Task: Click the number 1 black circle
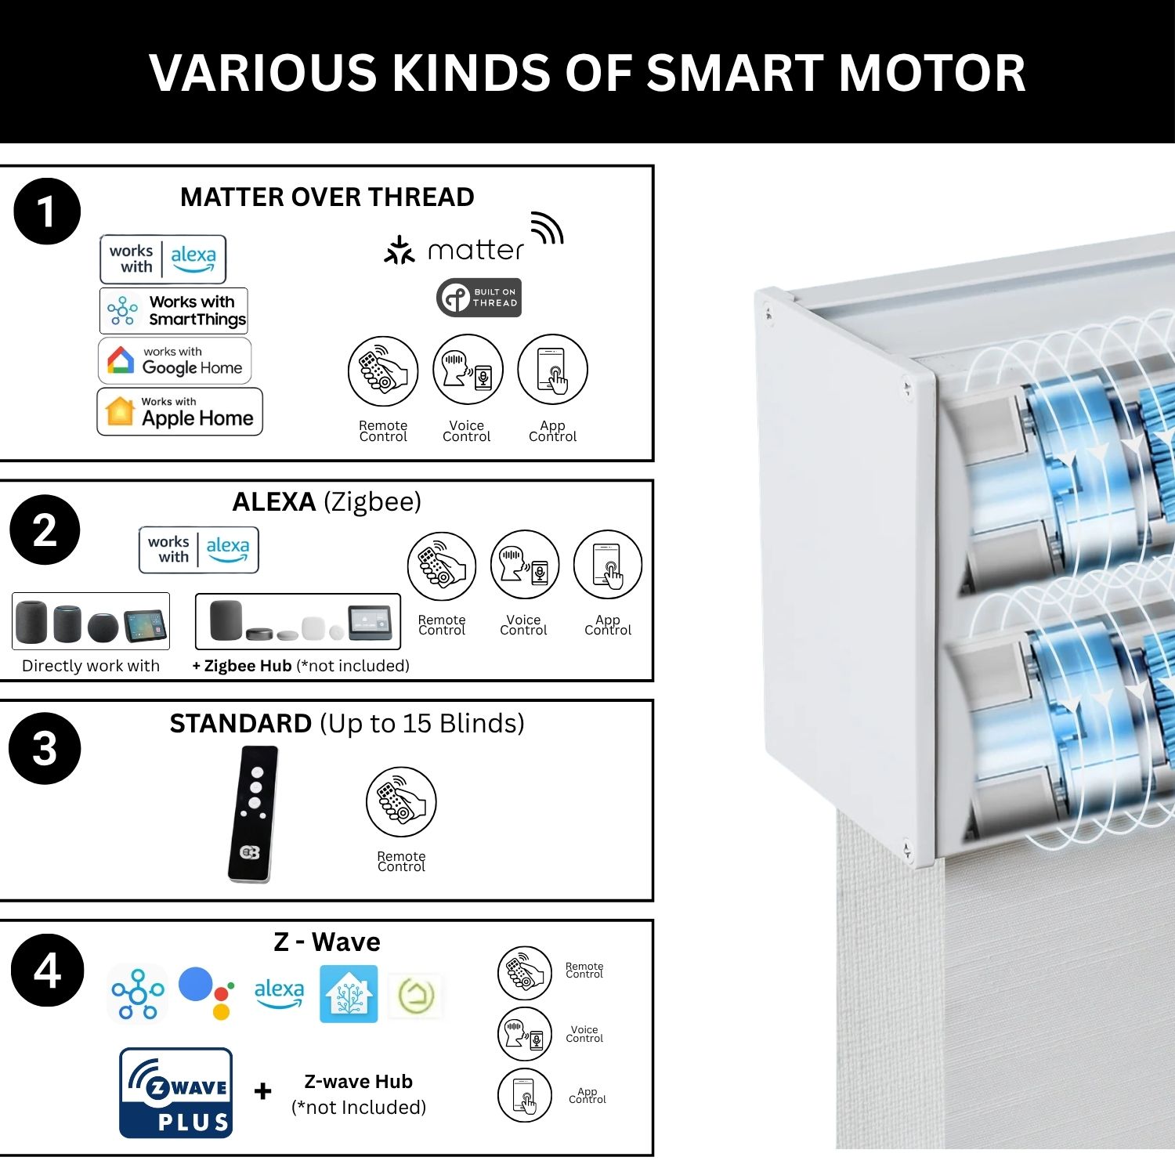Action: click(47, 211)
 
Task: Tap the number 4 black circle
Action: click(47, 970)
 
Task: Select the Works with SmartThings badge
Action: click(174, 310)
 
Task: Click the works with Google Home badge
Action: click(175, 360)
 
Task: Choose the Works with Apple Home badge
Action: click(179, 411)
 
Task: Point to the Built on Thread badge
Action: click(479, 298)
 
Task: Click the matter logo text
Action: click(475, 250)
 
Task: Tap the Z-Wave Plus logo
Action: click(176, 1093)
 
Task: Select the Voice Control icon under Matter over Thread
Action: click(468, 369)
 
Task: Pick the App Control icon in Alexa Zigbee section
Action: click(608, 566)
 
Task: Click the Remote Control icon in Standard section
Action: click(401, 802)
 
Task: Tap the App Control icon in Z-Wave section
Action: click(525, 1095)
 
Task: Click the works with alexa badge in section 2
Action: click(199, 550)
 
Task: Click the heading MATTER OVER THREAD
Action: click(327, 197)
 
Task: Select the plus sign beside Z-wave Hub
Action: click(263, 1091)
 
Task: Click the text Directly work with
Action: click(91, 666)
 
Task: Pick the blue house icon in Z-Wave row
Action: click(349, 994)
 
